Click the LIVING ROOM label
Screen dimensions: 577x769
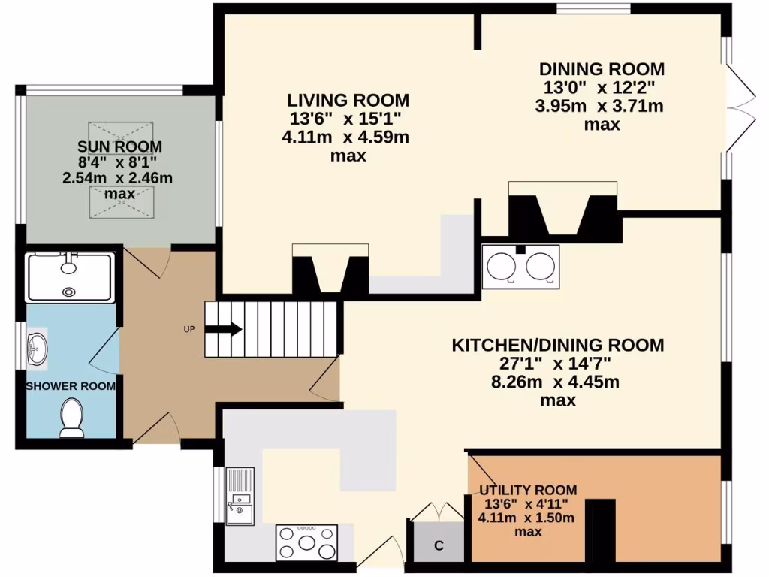pyautogui.click(x=348, y=100)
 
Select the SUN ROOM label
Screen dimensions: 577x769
pyautogui.click(x=119, y=146)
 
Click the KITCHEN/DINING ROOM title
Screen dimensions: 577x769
pyautogui.click(x=557, y=345)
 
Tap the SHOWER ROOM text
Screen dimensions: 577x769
pyautogui.click(x=71, y=386)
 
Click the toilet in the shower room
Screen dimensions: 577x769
pyautogui.click(x=71, y=417)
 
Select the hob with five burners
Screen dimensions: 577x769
pyautogui.click(x=306, y=542)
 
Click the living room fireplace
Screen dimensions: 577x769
pyautogui.click(x=330, y=270)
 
